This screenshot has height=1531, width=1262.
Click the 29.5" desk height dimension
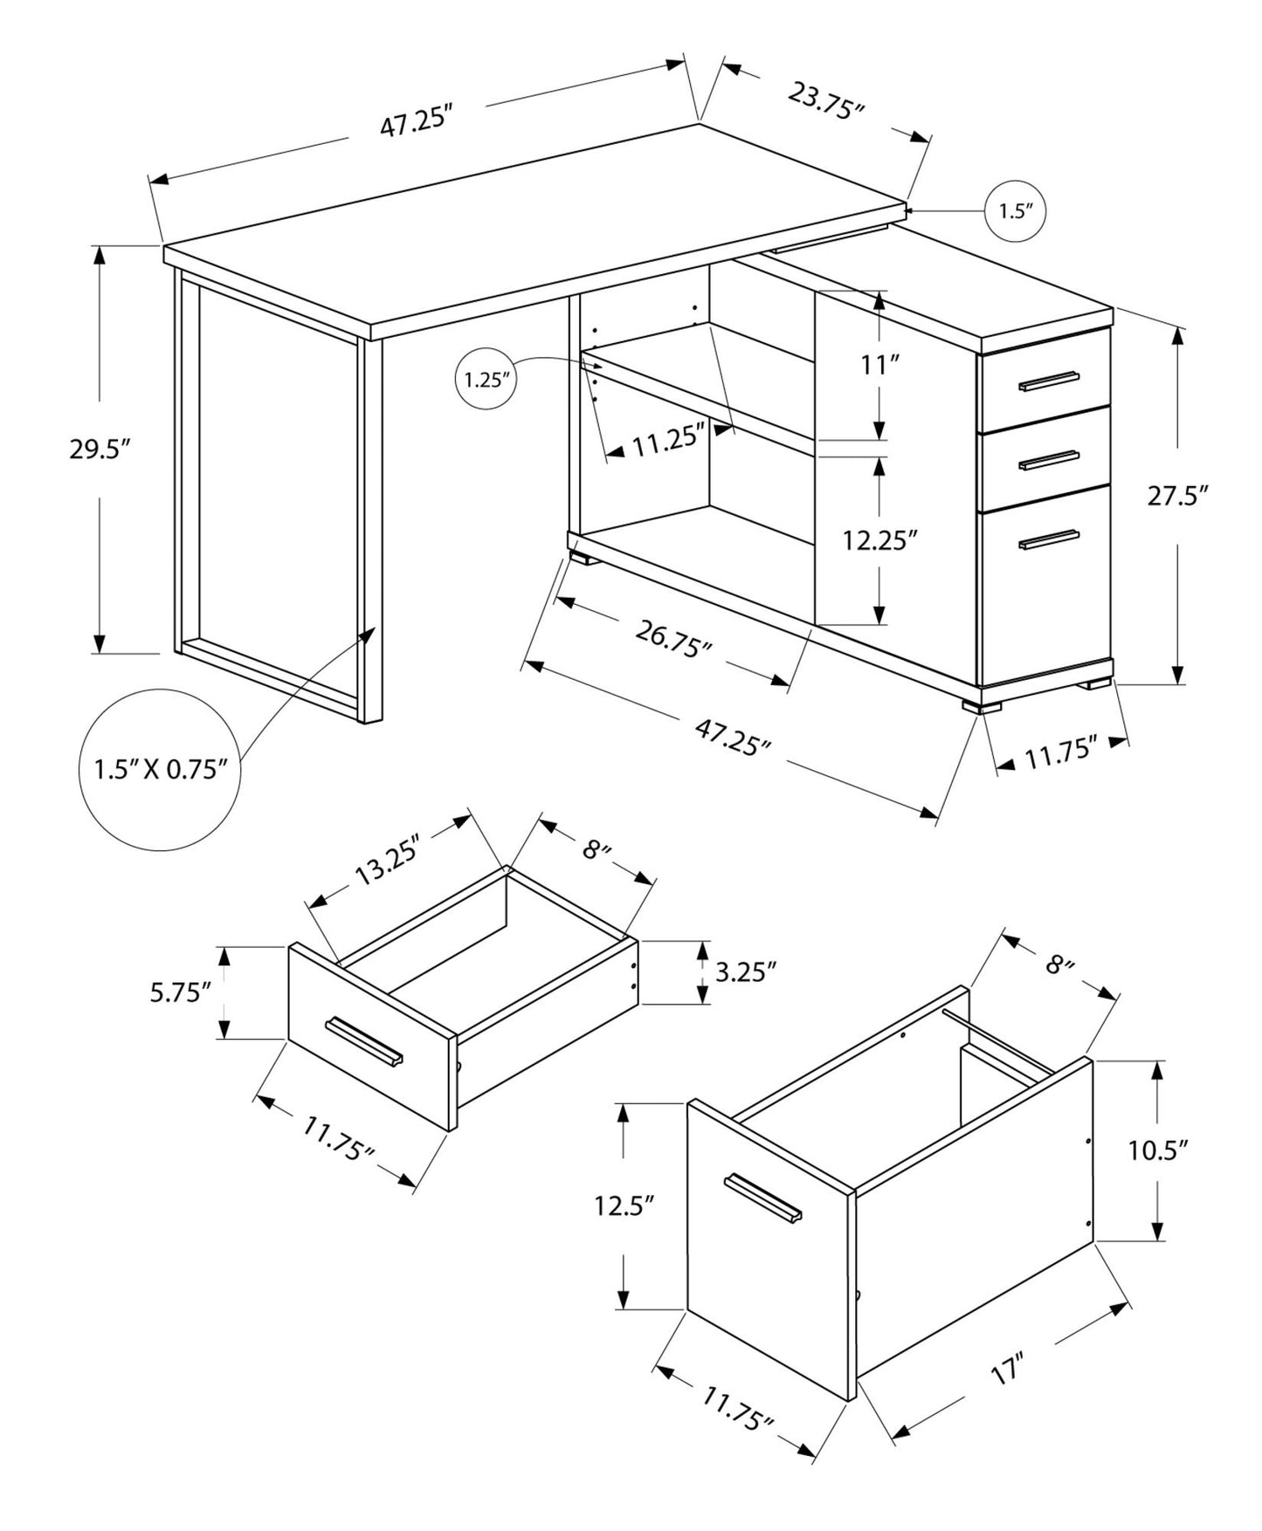coord(100,450)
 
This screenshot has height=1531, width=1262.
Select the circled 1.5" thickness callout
coord(1015,211)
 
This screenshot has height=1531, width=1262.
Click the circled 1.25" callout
coord(486,380)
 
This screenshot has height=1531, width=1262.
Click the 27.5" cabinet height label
coord(1177,496)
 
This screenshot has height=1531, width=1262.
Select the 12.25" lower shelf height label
coord(879,541)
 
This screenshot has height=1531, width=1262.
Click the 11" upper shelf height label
coord(879,364)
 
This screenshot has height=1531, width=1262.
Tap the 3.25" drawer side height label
coord(745,971)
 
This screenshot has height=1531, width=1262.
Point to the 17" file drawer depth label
coord(1006,1393)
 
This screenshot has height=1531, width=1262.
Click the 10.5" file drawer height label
coord(1158,1150)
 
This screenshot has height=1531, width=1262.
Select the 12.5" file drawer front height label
coord(624,1206)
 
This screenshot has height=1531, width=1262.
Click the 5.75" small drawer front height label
coord(181,992)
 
